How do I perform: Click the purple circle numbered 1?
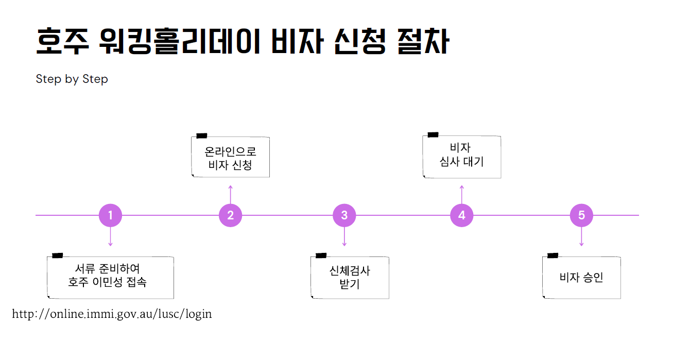110,215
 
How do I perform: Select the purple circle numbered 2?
230,215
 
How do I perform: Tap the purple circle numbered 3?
344,215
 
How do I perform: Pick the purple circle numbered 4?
461,215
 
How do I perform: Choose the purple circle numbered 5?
581,215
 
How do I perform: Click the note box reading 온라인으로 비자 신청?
230,158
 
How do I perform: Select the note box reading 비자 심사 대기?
462,157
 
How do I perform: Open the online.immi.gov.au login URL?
112,314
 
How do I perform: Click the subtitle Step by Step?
72,79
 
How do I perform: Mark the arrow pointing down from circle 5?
581,237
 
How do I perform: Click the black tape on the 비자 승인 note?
553,255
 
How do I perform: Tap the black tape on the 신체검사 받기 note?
321,255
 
